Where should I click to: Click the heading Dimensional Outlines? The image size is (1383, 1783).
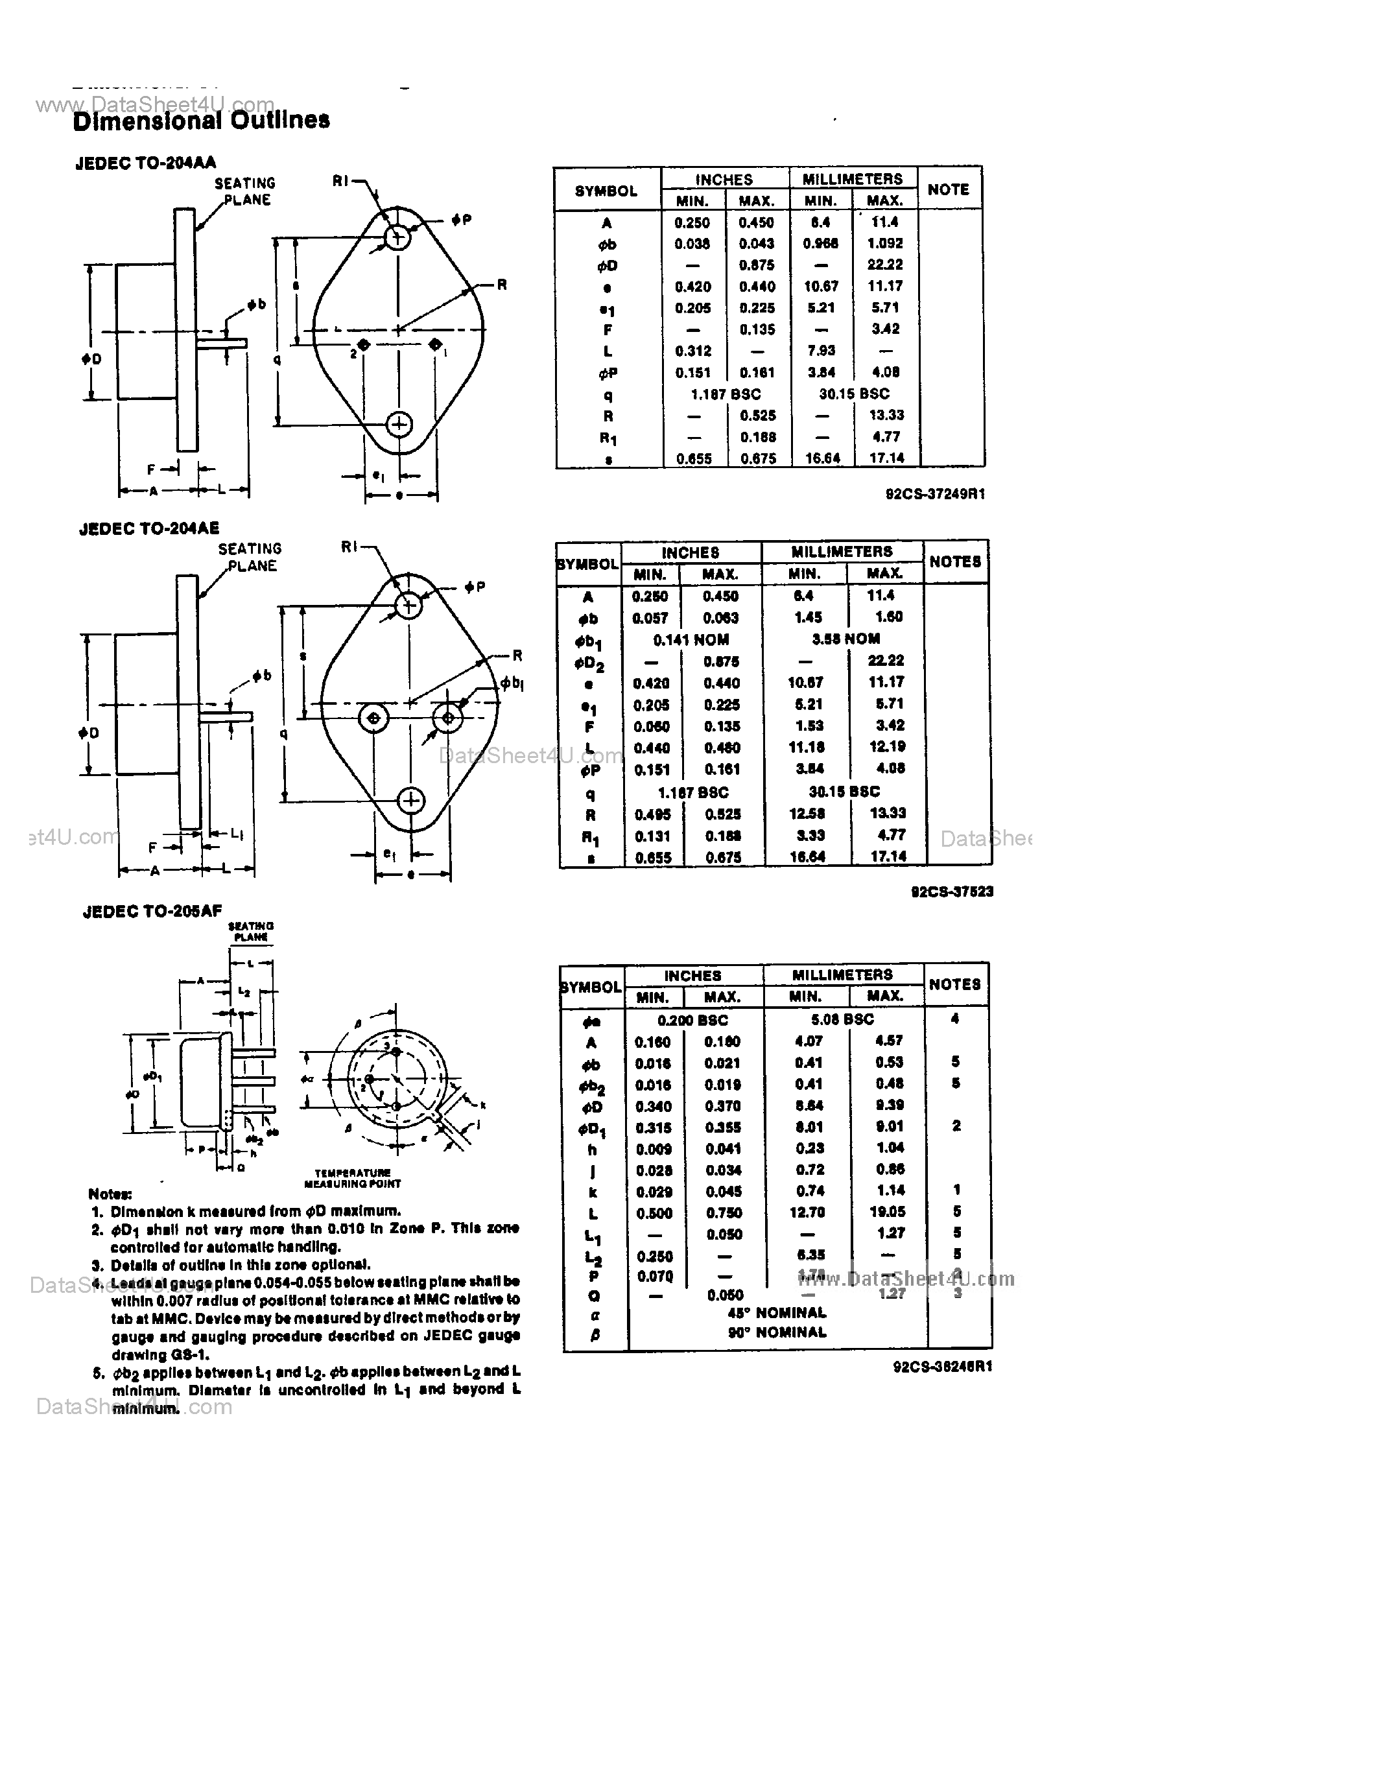201,121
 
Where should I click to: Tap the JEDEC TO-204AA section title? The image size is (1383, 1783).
145,163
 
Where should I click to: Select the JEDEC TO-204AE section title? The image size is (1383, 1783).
149,529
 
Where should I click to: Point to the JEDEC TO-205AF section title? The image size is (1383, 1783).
152,911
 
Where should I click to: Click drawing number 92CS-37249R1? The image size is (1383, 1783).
935,494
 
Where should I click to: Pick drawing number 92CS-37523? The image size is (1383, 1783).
952,891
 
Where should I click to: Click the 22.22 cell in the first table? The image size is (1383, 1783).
885,265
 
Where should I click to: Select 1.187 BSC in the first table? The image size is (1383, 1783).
725,394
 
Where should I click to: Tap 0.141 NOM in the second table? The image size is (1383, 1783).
691,640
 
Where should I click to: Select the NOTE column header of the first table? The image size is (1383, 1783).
948,189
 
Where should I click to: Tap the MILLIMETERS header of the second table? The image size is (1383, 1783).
842,552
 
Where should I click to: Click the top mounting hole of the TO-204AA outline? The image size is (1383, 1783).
397,237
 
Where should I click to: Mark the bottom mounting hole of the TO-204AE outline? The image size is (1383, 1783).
410,801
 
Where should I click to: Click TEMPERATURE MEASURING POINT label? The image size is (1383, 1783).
352,1178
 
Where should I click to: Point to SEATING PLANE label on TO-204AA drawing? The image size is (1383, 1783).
245,192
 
